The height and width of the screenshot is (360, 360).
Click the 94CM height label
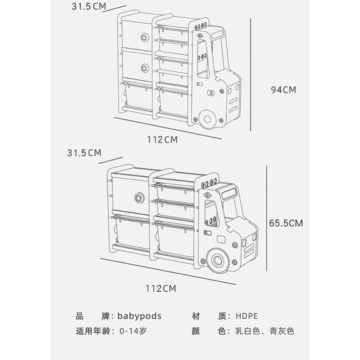point(284,90)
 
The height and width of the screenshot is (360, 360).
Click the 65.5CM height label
point(286,223)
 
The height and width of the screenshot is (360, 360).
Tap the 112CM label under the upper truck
point(162,139)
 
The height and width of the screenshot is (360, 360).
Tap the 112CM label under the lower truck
point(161,289)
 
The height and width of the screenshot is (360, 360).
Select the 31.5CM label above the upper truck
point(89,6)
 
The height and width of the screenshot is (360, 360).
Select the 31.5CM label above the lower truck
point(84,153)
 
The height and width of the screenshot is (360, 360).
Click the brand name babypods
point(139,316)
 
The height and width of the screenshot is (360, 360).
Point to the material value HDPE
point(247,316)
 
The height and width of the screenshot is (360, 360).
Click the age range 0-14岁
point(133,331)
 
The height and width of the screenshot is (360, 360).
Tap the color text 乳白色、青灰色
point(264,331)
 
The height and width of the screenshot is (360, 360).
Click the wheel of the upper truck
point(207,119)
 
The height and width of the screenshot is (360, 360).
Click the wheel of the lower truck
point(217,261)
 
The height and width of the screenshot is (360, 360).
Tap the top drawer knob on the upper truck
point(144,37)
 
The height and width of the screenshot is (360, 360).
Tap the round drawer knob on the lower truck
point(139,197)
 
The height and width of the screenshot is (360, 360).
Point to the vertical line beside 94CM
point(251,75)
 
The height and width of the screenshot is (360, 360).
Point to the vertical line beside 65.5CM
point(266,218)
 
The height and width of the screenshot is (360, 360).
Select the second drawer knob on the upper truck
point(144,68)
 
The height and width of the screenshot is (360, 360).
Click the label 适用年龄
point(93,331)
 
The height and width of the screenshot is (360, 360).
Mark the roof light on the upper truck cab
point(217,34)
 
